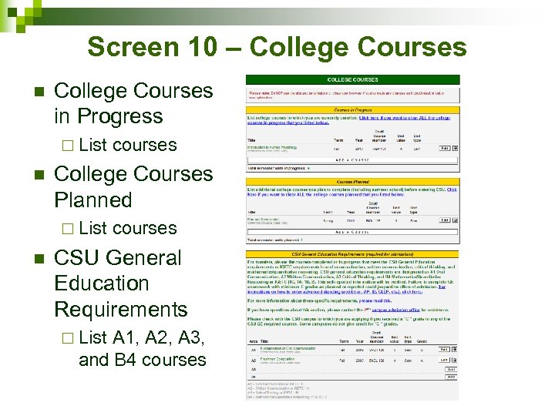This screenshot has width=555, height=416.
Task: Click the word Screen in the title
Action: pos(135,47)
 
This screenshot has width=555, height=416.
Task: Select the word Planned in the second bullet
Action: pos(93,200)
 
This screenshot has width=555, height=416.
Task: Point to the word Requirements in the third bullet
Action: pos(121,309)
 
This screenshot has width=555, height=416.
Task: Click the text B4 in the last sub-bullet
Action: pos(127,360)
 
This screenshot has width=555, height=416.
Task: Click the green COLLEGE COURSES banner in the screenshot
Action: pos(353,79)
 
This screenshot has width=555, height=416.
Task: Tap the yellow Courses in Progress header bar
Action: pos(353,110)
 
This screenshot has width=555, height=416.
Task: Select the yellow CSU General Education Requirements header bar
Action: pos(353,253)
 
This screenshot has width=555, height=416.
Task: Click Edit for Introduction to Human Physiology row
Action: pos(443,148)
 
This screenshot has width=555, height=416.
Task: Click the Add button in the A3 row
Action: pos(451,369)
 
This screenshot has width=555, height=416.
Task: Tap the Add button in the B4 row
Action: pos(451,377)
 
